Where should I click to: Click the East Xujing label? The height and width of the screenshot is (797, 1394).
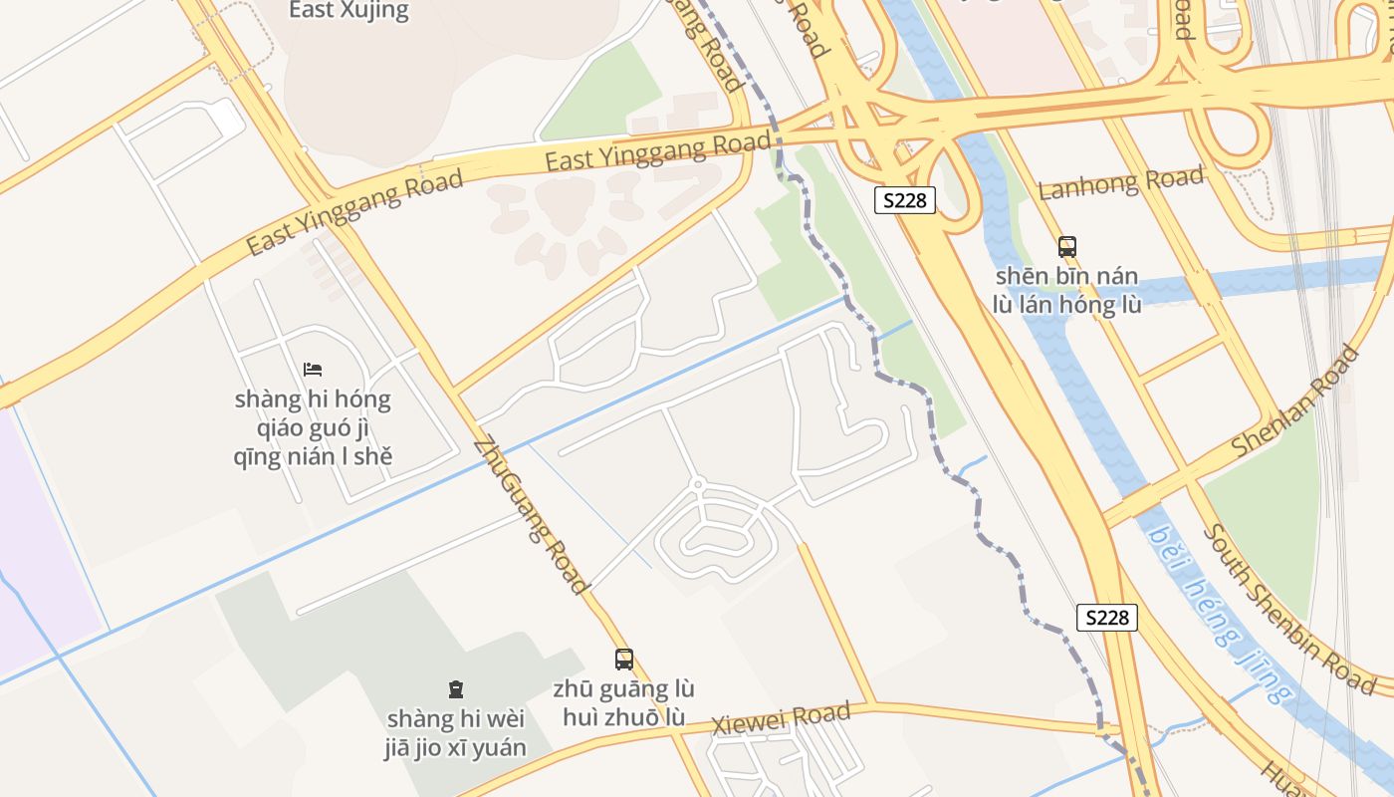pyautogui.click(x=348, y=11)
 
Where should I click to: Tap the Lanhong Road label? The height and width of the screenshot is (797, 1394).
pyautogui.click(x=1121, y=183)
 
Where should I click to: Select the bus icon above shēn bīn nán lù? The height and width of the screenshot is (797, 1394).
pyautogui.click(x=1066, y=246)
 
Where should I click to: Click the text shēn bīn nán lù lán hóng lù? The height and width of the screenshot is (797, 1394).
pyautogui.click(x=1066, y=290)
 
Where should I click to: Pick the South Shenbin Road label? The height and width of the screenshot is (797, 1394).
pyautogui.click(x=1288, y=608)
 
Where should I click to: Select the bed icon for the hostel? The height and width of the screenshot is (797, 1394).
pyautogui.click(x=313, y=370)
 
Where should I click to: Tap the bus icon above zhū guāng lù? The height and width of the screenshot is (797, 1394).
pyautogui.click(x=623, y=659)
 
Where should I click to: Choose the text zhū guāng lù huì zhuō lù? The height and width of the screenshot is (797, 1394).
pyautogui.click(x=623, y=702)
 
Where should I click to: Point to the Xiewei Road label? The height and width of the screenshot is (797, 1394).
pyautogui.click(x=781, y=718)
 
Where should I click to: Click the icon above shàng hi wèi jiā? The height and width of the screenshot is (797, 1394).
pyautogui.click(x=455, y=688)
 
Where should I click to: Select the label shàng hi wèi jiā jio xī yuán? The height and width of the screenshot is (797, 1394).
pyautogui.click(x=455, y=732)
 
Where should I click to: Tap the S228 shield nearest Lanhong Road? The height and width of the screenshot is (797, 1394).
pyautogui.click(x=905, y=200)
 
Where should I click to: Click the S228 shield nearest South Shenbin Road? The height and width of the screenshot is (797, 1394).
pyautogui.click(x=1106, y=618)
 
